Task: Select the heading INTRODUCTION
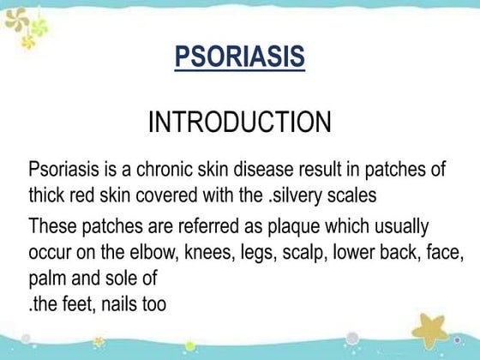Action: (239, 121)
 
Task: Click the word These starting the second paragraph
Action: (52, 226)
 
